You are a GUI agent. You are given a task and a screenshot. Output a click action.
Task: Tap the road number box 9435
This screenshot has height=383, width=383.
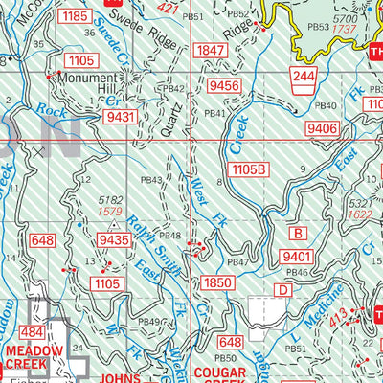pyautogui.click(x=113, y=240)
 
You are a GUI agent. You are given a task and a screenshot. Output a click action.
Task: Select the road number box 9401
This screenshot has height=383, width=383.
pyautogui.click(x=300, y=256)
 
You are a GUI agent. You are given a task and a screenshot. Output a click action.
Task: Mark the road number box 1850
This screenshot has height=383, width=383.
pyautogui.click(x=217, y=282)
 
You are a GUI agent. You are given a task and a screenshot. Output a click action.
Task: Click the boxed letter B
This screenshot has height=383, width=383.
pyautogui.click(x=299, y=233)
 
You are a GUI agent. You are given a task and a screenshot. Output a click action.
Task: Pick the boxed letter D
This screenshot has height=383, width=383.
pyautogui.click(x=283, y=289)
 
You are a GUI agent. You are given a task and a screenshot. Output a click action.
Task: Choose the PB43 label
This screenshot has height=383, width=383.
pyautogui.click(x=150, y=180)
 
